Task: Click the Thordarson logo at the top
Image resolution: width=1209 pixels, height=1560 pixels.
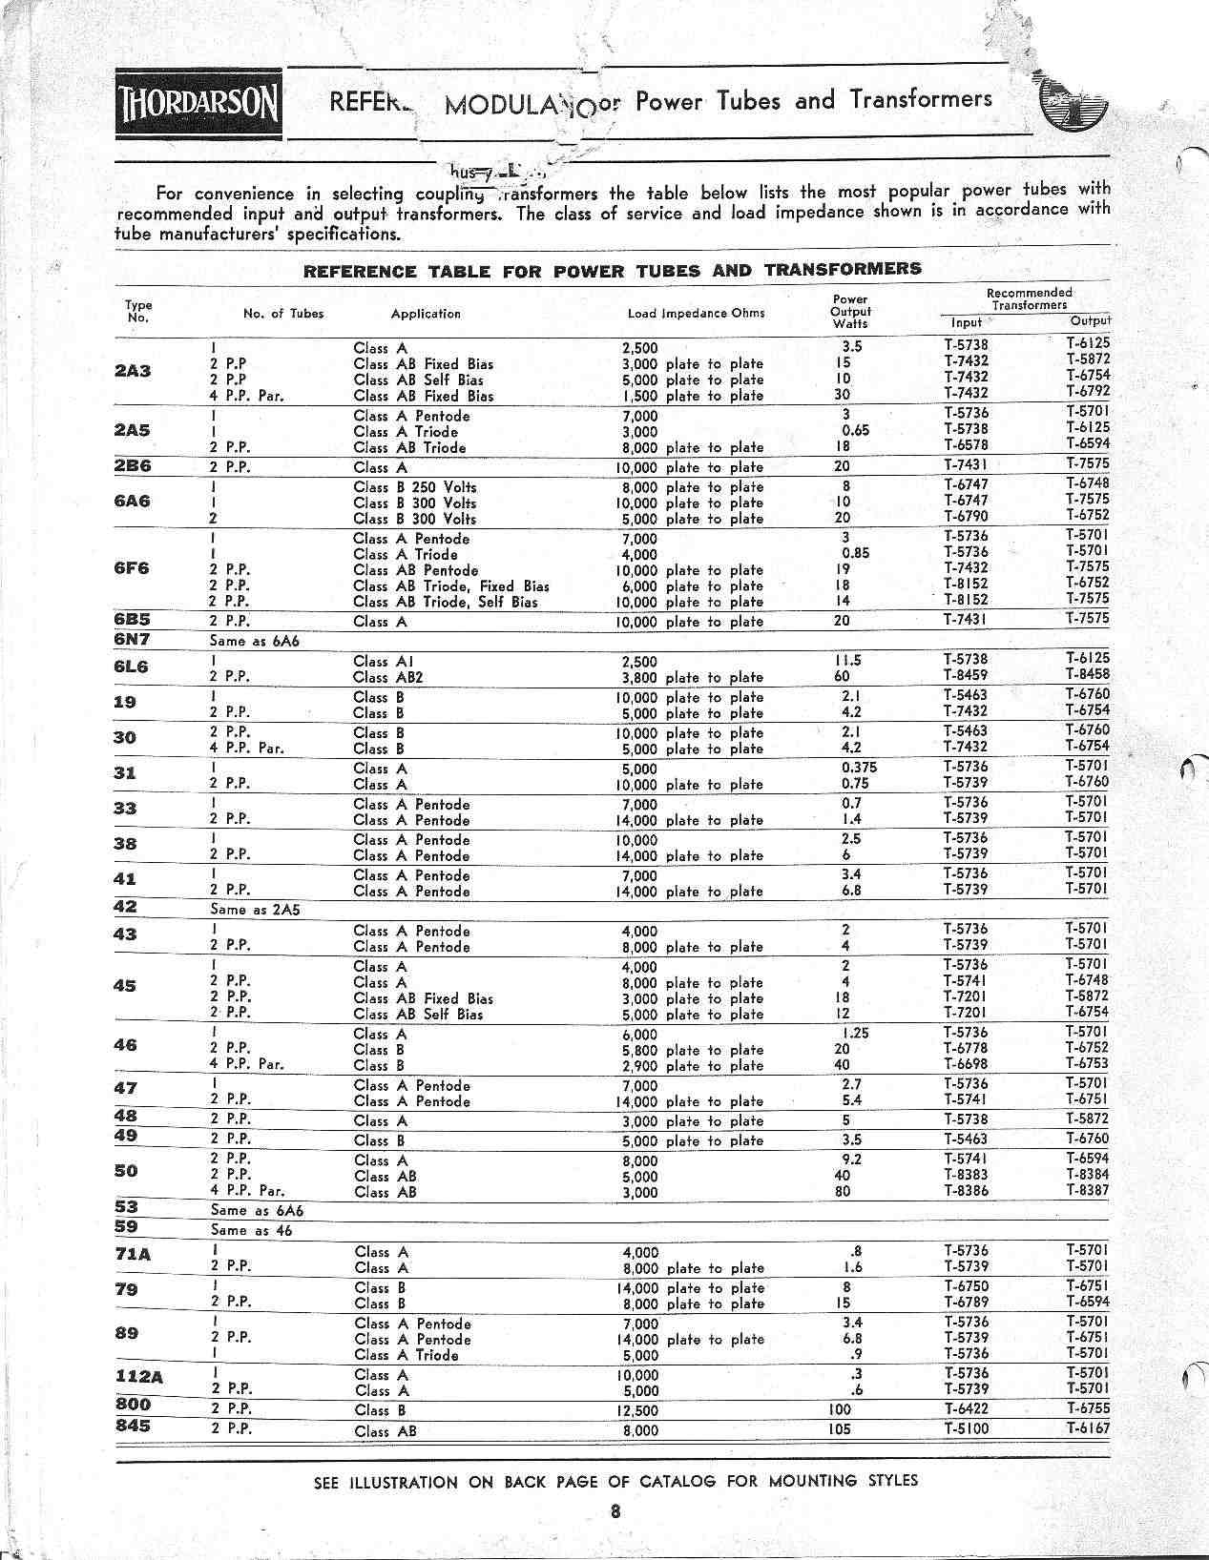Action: pyautogui.click(x=199, y=106)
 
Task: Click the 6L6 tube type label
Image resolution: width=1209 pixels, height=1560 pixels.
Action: pyautogui.click(x=132, y=667)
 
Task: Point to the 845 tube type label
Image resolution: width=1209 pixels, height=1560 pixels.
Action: pyautogui.click(x=132, y=1427)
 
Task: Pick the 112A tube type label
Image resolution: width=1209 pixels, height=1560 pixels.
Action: pyautogui.click(x=133, y=1375)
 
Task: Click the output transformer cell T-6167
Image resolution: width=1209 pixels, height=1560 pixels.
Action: pyautogui.click(x=1087, y=1427)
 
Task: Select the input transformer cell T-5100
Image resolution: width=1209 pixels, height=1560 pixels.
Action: pyautogui.click(x=967, y=1428)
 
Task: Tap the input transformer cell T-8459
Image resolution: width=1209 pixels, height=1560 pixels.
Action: pyautogui.click(x=967, y=675)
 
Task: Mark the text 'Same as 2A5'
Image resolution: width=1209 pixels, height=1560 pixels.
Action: pyautogui.click(x=255, y=910)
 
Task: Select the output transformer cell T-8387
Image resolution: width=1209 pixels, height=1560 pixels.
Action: pyautogui.click(x=1087, y=1190)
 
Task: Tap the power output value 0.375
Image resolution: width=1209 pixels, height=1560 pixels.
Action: pyautogui.click(x=859, y=768)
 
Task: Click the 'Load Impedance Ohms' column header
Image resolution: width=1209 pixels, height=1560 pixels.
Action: pyautogui.click(x=696, y=313)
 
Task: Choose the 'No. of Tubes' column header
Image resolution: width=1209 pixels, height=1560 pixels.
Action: pyautogui.click(x=283, y=313)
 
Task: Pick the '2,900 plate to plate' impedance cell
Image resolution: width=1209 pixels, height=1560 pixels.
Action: pyautogui.click(x=692, y=1066)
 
